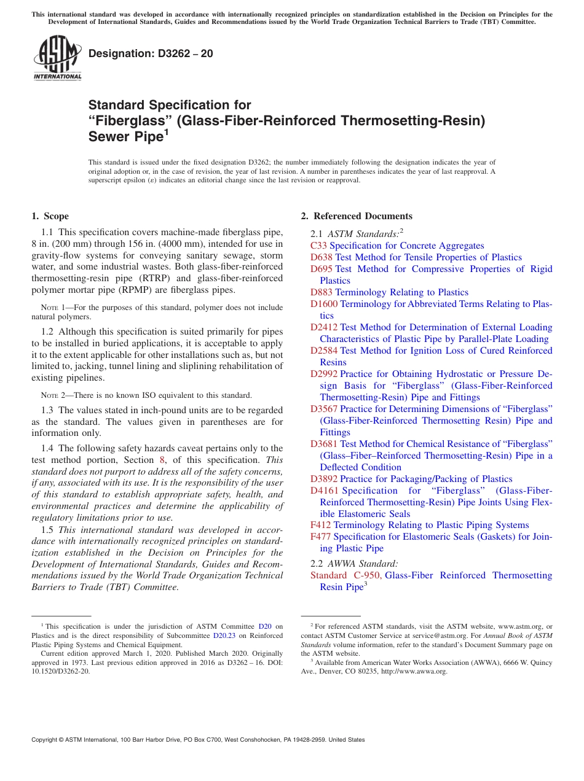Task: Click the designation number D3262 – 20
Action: pyautogui.click(x=151, y=53)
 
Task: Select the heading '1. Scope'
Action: pyautogui.click(x=50, y=216)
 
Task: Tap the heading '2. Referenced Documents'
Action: pyautogui.click(x=357, y=216)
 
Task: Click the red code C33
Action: pyautogui.click(x=318, y=246)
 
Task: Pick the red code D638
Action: pyautogui.click(x=322, y=257)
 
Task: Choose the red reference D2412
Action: pyautogui.click(x=324, y=327)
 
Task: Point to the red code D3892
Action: pyautogui.click(x=324, y=479)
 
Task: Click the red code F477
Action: pyautogui.click(x=321, y=537)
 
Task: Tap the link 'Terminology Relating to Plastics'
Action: pyautogui.click(x=402, y=292)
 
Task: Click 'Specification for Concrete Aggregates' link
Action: pyautogui.click(x=407, y=246)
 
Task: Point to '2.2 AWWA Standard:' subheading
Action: pyautogui.click(x=354, y=563)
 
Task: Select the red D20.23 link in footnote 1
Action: pyautogui.click(x=225, y=635)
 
